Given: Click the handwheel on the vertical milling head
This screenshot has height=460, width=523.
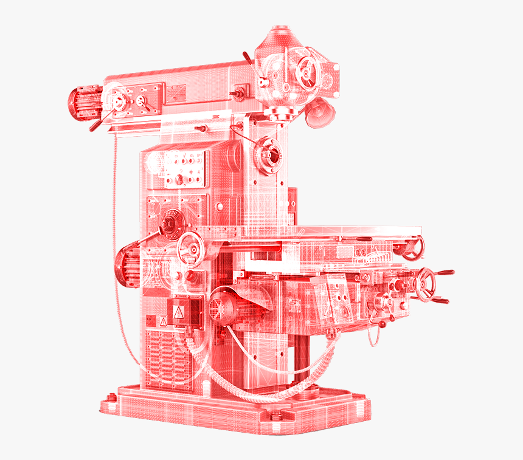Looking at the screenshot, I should coord(307,74).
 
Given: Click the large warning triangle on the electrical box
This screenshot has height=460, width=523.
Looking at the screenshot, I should coord(179,312).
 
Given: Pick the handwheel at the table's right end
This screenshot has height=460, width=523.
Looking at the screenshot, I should coord(409,245).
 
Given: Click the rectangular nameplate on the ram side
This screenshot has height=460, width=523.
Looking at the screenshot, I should coord(176,93).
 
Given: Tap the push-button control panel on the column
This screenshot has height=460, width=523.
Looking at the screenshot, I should coord(182,168).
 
